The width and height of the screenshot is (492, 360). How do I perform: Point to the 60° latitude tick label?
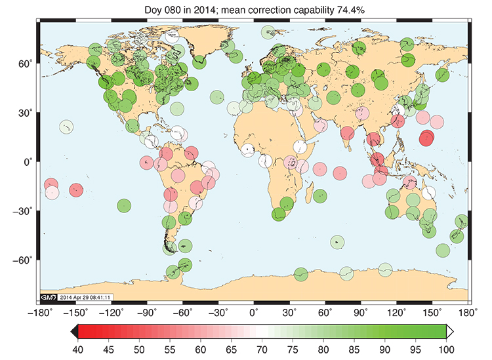pos(25,64)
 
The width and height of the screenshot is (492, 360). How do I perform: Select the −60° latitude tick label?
pos(22,260)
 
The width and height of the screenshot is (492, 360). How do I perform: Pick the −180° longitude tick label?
pos(39,313)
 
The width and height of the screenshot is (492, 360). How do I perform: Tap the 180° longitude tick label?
pos(468,313)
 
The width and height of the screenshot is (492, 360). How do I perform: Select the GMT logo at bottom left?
pos(49,297)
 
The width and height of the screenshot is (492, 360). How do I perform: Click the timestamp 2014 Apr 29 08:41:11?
pos(85,297)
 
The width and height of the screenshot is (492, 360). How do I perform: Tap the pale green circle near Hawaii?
pos(66,127)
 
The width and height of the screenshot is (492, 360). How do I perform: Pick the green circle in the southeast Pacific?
pos(124,206)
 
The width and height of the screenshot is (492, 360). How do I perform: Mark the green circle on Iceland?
pos(199,62)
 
